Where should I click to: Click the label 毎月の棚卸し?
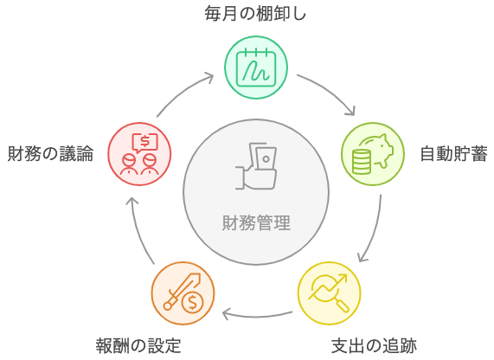coord(255,14)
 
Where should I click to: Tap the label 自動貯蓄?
coord(453,154)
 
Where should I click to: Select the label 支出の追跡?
coord(374,346)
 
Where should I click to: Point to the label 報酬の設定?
coord(138,346)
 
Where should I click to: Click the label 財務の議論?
coord(50,154)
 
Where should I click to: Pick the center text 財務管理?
coord(256,223)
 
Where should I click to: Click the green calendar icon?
coord(256,67)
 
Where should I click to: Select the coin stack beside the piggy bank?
coord(361,162)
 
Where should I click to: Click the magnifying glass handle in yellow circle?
coord(343,305)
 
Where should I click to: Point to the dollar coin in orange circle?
coord(193,303)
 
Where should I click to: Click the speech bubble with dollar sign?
coord(144,143)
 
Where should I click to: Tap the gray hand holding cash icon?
coord(256,166)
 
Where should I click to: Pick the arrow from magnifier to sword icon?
coord(257,316)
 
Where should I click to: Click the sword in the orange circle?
coord(182,292)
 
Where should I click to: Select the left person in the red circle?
coord(129,164)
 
